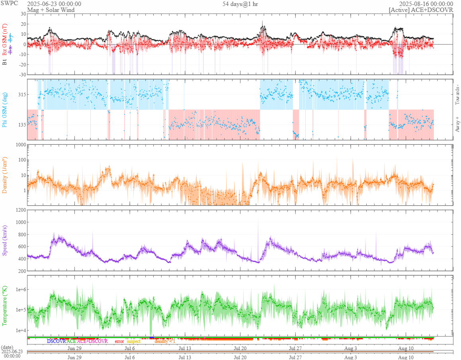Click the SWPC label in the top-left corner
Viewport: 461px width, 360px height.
click(10, 4)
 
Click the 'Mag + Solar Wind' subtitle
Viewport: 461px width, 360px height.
click(51, 10)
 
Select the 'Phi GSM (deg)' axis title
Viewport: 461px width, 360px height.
click(5, 109)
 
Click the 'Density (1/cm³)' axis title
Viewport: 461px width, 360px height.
click(5, 175)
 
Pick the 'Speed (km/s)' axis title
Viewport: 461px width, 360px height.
click(5, 240)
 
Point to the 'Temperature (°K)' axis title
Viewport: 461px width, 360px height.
click(5, 306)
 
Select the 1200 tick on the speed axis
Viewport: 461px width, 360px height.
click(20, 210)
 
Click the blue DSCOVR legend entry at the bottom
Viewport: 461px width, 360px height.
click(56, 341)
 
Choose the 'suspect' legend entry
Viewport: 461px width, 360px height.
click(133, 341)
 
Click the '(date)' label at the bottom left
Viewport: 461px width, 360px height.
click(7, 347)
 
